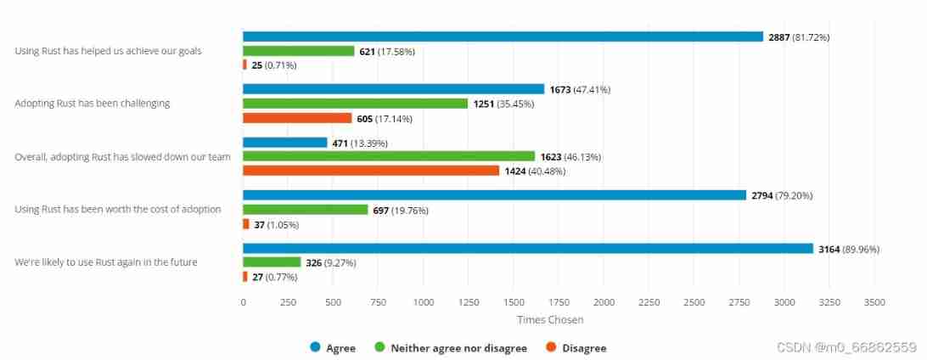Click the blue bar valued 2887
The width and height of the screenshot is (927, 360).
pyautogui.click(x=503, y=37)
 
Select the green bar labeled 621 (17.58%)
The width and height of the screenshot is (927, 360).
pyautogui.click(x=299, y=51)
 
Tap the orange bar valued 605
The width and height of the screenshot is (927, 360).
pyautogui.click(x=297, y=118)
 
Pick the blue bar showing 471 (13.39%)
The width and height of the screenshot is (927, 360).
pyautogui.click(x=285, y=143)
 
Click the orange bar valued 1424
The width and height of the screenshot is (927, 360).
pyautogui.click(x=371, y=171)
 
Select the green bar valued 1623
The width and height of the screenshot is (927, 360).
pyautogui.click(x=389, y=156)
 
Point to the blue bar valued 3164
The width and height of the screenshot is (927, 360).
pyautogui.click(x=528, y=249)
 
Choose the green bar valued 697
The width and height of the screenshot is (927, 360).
pyautogui.click(x=306, y=210)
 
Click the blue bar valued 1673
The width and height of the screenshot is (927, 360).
pyautogui.click(x=393, y=89)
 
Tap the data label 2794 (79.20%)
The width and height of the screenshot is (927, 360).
pyautogui.click(x=781, y=195)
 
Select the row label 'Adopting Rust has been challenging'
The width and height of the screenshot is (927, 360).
pyautogui.click(x=93, y=104)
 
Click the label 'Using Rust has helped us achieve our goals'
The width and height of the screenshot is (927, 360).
pyautogui.click(x=108, y=51)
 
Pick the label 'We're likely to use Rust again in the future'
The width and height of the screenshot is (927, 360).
pyautogui.click(x=106, y=262)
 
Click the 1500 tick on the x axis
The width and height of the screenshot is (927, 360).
pyautogui.click(x=514, y=302)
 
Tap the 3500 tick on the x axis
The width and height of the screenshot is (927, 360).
pyautogui.click(x=874, y=302)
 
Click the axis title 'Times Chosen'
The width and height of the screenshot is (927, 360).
pyautogui.click(x=550, y=320)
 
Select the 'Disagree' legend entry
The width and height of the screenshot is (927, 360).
pyautogui.click(x=576, y=348)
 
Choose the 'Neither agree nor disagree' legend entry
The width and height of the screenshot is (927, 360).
pyautogui.click(x=451, y=348)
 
